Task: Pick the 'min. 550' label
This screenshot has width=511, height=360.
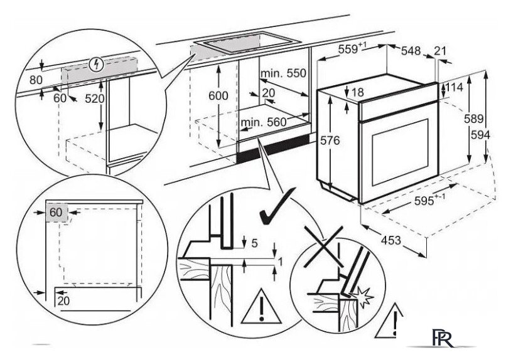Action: point(284,73)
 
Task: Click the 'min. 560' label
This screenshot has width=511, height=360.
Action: point(263,122)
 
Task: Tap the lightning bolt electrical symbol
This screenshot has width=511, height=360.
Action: point(95,63)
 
